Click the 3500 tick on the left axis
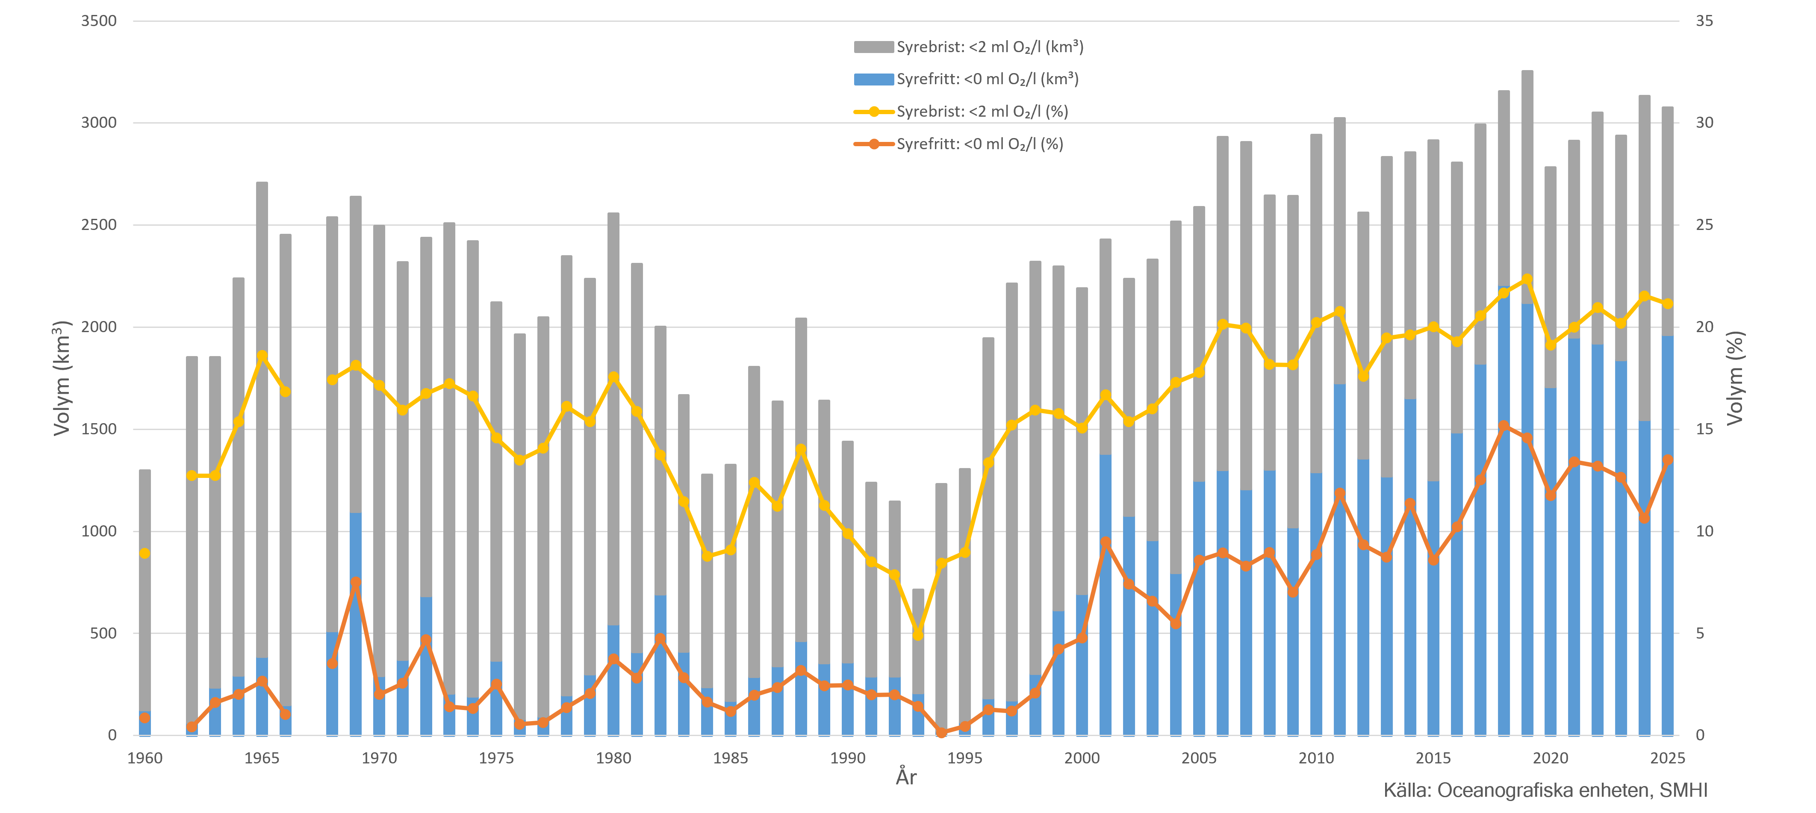99,21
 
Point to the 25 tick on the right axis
1704,225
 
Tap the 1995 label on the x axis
964,758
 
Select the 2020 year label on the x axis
1550,758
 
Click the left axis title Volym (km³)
62,378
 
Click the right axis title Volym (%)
1735,378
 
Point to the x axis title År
906,777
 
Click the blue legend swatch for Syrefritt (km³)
873,79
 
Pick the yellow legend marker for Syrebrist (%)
873,112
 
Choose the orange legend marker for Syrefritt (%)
873,144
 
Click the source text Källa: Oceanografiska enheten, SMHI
1545,790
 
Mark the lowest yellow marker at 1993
918,635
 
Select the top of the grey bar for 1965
262,183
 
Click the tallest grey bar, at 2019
1527,72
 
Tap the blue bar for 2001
1106,599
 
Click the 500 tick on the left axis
103,633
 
